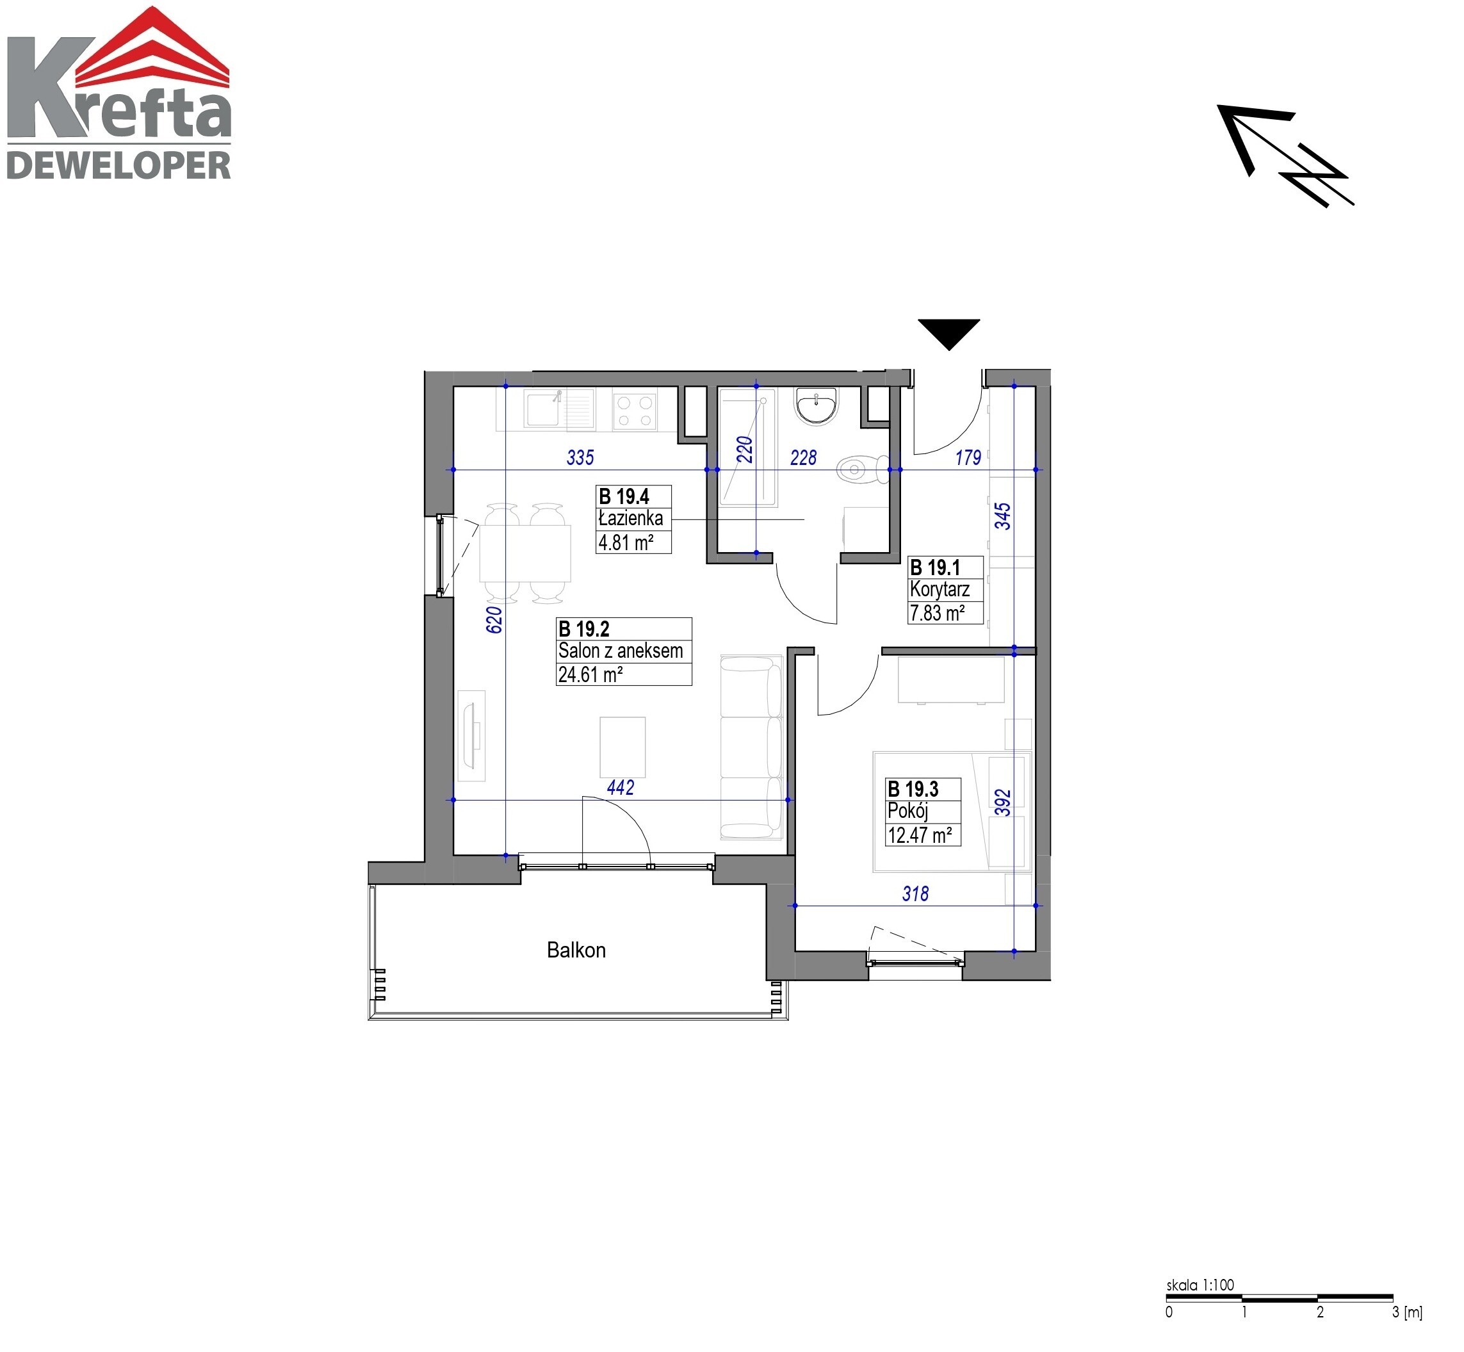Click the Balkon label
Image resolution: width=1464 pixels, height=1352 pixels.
576,950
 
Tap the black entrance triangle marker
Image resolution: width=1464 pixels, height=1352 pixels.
949,333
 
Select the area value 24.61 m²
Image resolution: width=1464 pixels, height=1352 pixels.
590,674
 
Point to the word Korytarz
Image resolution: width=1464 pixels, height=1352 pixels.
939,589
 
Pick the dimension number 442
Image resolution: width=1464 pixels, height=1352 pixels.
621,787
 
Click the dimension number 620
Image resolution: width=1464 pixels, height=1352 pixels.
494,620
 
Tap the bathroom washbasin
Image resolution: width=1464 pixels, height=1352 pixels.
817,405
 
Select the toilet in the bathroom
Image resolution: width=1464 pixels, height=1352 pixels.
862,469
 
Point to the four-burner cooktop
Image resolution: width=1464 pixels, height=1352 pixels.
634,410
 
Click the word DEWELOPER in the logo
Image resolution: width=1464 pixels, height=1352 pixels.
118,165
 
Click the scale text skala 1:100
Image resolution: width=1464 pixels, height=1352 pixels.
1200,1285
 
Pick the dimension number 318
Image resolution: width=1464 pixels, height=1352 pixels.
915,893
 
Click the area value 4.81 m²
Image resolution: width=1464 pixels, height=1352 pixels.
626,542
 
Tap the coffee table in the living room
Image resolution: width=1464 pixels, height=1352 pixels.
622,747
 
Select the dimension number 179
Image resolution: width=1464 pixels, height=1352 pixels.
968,457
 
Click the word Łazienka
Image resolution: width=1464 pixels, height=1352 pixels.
631,518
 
